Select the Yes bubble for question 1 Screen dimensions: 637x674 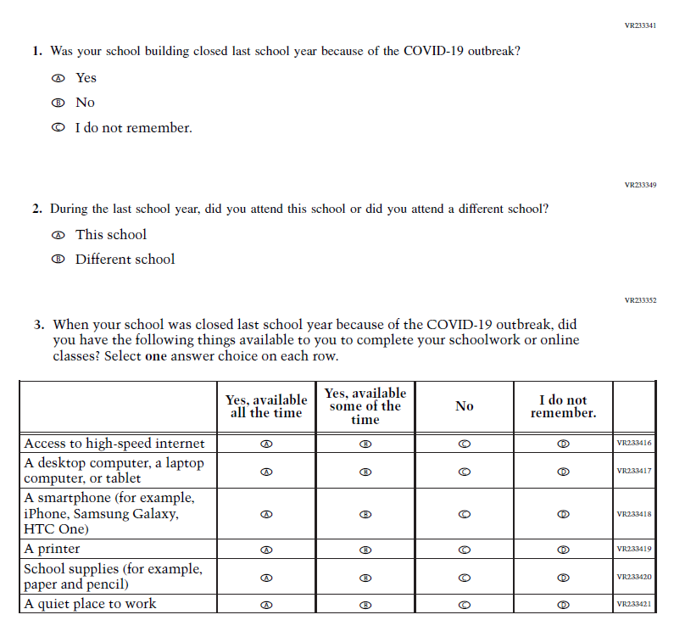point(58,78)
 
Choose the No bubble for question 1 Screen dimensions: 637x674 point(58,103)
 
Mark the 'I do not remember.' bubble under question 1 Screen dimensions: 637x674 point(58,128)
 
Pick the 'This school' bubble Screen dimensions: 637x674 point(58,235)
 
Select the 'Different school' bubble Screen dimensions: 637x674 point(58,260)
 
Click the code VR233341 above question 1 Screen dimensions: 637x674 point(640,26)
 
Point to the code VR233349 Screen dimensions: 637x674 point(640,185)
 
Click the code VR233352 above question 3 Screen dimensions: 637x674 point(640,300)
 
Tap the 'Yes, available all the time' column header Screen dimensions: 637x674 point(266,406)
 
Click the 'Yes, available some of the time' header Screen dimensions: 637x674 point(365,406)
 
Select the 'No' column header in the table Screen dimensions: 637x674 point(464,406)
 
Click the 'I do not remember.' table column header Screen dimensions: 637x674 point(563,406)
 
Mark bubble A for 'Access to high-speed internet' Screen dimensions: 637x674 point(266,444)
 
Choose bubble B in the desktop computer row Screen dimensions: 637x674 point(365,472)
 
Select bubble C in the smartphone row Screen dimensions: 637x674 point(464,514)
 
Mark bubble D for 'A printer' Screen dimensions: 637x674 point(563,550)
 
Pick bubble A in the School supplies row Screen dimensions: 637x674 point(266,578)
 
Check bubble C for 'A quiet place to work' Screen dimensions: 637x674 point(464,605)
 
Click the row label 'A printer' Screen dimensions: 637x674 point(52,549)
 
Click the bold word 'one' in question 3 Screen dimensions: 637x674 point(157,356)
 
